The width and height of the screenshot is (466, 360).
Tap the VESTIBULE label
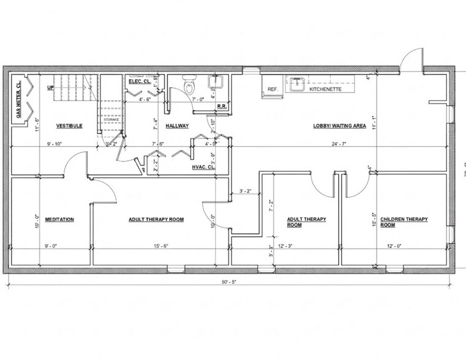[x=69, y=126]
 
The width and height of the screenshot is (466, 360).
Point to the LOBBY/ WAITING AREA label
[x=340, y=126]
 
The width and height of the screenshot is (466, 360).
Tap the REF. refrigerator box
[x=272, y=89]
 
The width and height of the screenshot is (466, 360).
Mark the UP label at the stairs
[x=50, y=88]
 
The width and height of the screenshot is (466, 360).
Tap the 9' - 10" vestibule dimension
[x=55, y=144]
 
